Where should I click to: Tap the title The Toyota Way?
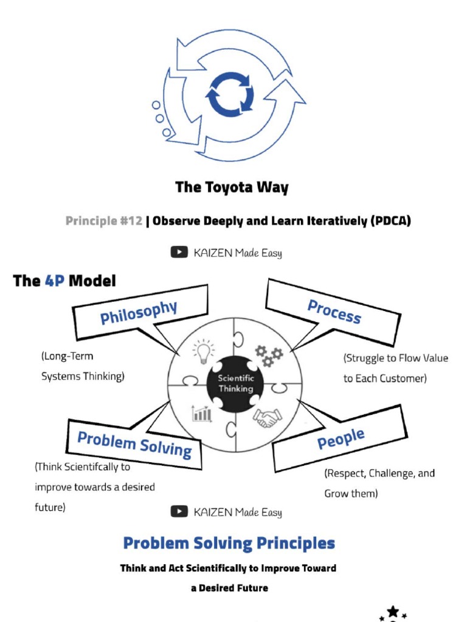pyautogui.click(x=232, y=187)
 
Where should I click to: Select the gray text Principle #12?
pyautogui.click(x=103, y=221)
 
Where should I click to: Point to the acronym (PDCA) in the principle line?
pyautogui.click(x=390, y=221)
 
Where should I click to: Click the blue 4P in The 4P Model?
pyautogui.click(x=55, y=281)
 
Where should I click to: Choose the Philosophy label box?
pyautogui.click(x=139, y=313)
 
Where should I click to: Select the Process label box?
pyautogui.click(x=334, y=312)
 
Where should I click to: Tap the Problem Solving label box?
pyautogui.click(x=134, y=444)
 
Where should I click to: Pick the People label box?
pyautogui.click(x=341, y=438)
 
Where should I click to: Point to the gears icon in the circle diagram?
pyautogui.click(x=268, y=355)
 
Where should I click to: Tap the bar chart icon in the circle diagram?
pyautogui.click(x=202, y=414)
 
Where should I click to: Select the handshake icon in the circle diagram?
pyautogui.click(x=268, y=417)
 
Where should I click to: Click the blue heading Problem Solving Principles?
pyautogui.click(x=229, y=542)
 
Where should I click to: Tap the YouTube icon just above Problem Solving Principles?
pyautogui.click(x=179, y=511)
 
